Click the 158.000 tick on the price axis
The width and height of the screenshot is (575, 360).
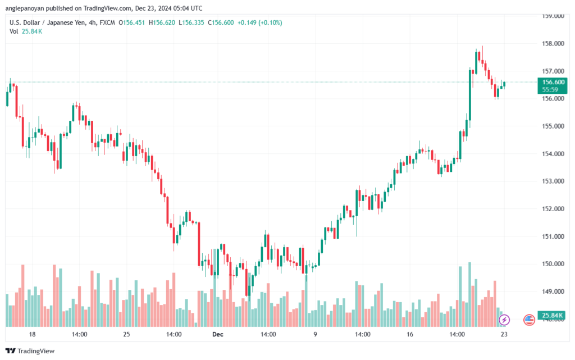[x=553, y=44]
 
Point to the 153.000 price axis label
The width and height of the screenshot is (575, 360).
[x=553, y=181]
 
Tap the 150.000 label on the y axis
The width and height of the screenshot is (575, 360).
[x=553, y=264]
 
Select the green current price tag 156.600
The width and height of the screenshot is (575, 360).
[x=553, y=86]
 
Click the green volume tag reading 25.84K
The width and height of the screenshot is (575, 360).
[x=552, y=315]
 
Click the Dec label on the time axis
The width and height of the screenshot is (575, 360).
[x=217, y=334]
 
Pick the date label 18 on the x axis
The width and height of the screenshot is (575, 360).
[x=32, y=334]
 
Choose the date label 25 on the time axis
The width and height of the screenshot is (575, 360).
[x=126, y=334]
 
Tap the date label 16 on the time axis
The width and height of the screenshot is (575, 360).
[x=409, y=334]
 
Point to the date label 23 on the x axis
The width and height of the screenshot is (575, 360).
[x=504, y=334]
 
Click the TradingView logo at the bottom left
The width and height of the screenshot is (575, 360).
[x=30, y=351]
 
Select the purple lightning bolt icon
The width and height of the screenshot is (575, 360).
[x=504, y=320]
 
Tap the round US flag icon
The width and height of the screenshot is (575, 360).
[x=529, y=320]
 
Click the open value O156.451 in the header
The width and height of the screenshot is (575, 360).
[x=131, y=22]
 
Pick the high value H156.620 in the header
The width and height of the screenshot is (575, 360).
[x=162, y=22]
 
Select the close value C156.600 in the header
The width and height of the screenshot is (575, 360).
[x=221, y=22]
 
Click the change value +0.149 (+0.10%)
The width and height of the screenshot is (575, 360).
[x=259, y=22]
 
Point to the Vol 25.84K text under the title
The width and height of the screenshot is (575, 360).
[x=26, y=31]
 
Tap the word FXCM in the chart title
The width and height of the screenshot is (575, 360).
[x=107, y=22]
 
